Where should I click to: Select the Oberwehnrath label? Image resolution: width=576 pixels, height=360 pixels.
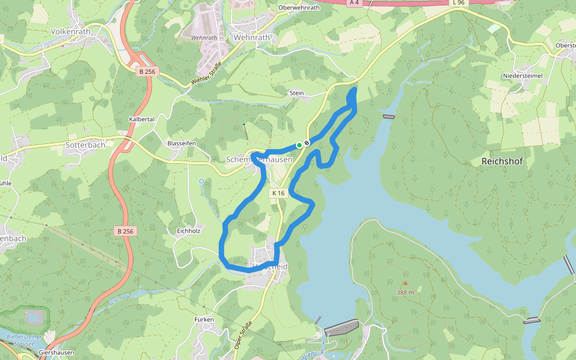[x=299, y=8]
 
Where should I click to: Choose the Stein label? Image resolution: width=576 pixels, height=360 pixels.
[x=297, y=93]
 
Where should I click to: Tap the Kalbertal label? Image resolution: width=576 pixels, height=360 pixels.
[x=142, y=119]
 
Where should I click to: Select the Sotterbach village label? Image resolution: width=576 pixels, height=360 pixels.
[x=85, y=145]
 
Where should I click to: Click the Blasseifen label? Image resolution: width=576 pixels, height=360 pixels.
[x=182, y=143]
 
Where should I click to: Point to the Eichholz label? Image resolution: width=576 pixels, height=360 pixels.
[x=188, y=230]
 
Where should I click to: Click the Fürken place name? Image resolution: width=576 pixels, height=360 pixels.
[x=204, y=320]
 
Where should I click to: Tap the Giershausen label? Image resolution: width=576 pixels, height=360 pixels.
[x=56, y=353]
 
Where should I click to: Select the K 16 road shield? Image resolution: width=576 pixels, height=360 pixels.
[x=278, y=193]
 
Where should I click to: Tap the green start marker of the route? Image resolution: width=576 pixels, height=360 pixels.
[x=299, y=145]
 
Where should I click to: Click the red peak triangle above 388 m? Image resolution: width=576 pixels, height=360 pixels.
[x=405, y=283]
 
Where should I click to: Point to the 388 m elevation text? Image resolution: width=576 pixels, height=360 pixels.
[x=405, y=292]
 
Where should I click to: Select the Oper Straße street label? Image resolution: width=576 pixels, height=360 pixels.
[x=242, y=334]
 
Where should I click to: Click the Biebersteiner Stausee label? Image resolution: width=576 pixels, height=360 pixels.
[x=21, y=341]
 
